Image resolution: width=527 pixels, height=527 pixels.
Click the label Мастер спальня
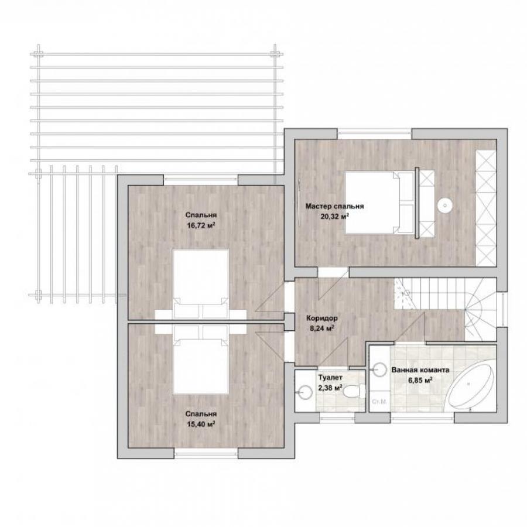pos(334,206)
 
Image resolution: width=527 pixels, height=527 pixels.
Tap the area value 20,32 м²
pos(334,216)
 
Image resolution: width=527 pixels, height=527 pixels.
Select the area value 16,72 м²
pos(201,225)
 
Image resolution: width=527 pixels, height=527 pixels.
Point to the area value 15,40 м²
pos(201,424)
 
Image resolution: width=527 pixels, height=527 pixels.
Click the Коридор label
pos(322,318)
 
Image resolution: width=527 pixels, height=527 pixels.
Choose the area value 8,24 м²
pos(322,328)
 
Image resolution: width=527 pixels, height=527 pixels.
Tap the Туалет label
pos(330,378)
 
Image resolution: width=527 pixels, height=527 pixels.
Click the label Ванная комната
pos(420,370)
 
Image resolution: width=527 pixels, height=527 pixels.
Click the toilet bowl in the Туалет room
pos(353,391)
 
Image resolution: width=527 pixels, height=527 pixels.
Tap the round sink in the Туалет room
pos(306,392)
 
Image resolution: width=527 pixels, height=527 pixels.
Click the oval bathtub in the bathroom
pos(472,386)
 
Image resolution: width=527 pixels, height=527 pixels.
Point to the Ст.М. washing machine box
pos(379,401)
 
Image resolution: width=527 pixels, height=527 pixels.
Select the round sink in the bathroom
pos(380,369)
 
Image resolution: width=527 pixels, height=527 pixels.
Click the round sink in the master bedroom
pos(445,205)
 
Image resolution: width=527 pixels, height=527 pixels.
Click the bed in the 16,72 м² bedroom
pos(201,285)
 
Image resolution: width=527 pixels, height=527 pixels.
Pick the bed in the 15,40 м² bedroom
pos(201,360)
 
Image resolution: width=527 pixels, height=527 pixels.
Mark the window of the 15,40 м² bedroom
pos(206,453)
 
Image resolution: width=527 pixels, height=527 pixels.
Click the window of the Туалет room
pos(337,418)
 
